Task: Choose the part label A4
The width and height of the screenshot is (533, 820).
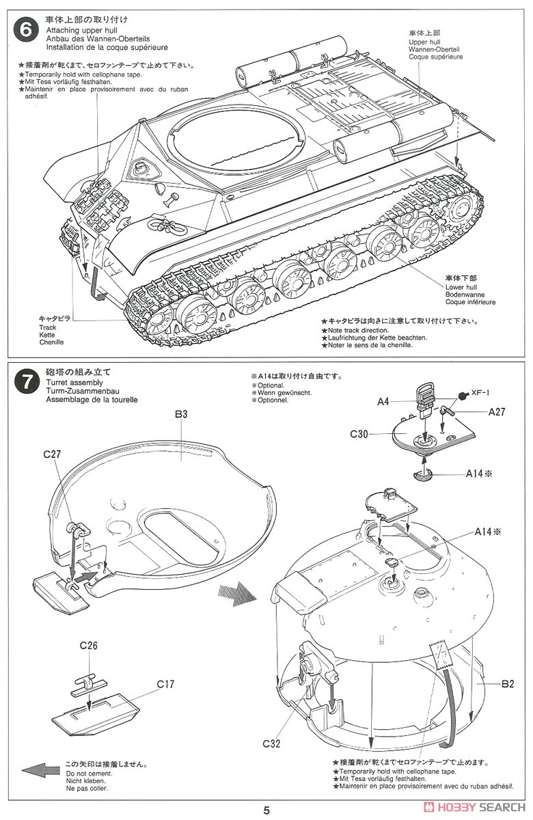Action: tap(383, 402)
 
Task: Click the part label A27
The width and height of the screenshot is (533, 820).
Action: tap(497, 411)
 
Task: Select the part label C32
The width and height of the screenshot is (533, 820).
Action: tap(269, 743)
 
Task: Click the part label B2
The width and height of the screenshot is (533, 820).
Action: tap(507, 683)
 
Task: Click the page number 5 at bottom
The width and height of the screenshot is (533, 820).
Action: tap(266, 810)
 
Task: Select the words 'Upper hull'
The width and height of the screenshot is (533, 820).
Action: tap(424, 41)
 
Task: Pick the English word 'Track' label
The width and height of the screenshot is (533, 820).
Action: tap(48, 327)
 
